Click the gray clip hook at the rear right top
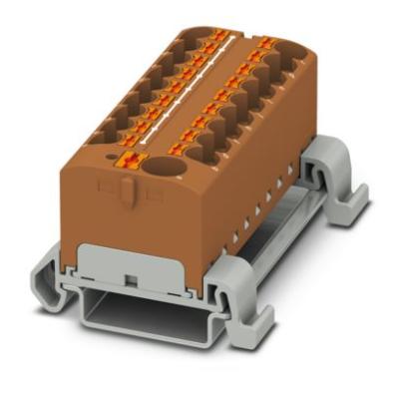329,165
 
